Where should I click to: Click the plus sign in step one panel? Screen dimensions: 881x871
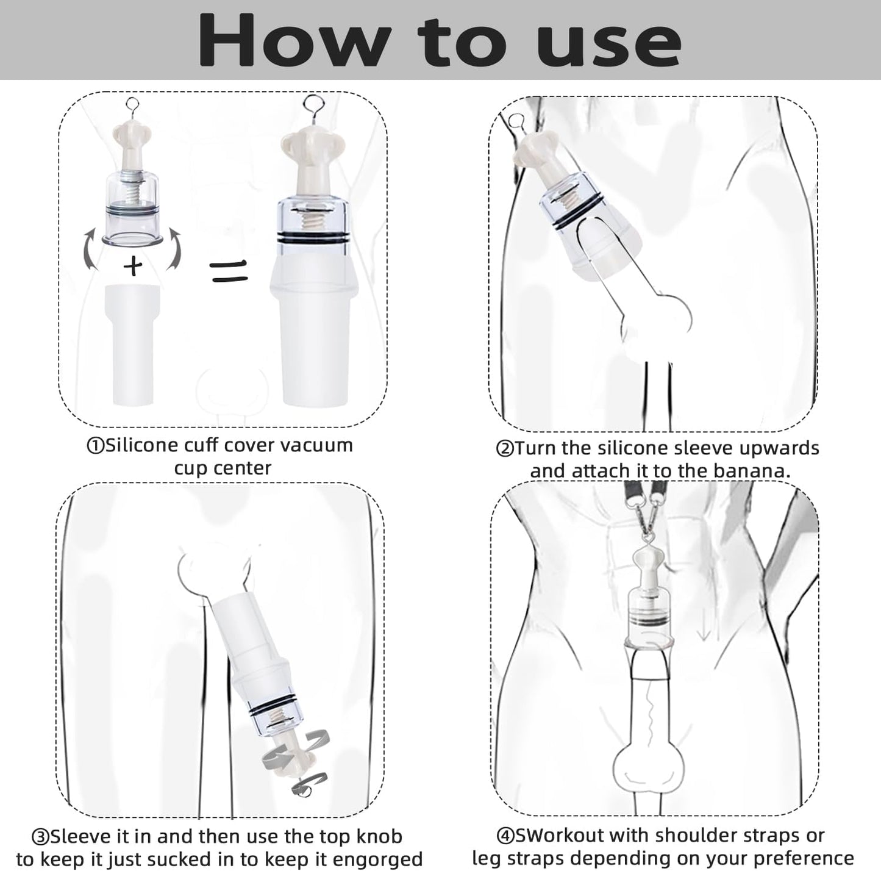coord(133,266)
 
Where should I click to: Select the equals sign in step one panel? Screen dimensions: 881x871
coord(229,271)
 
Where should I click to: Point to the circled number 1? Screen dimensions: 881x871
coord(95,446)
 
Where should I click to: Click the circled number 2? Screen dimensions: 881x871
coord(505,449)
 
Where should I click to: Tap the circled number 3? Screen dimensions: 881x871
coord(40,837)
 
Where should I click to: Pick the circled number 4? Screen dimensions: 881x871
coord(505,836)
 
